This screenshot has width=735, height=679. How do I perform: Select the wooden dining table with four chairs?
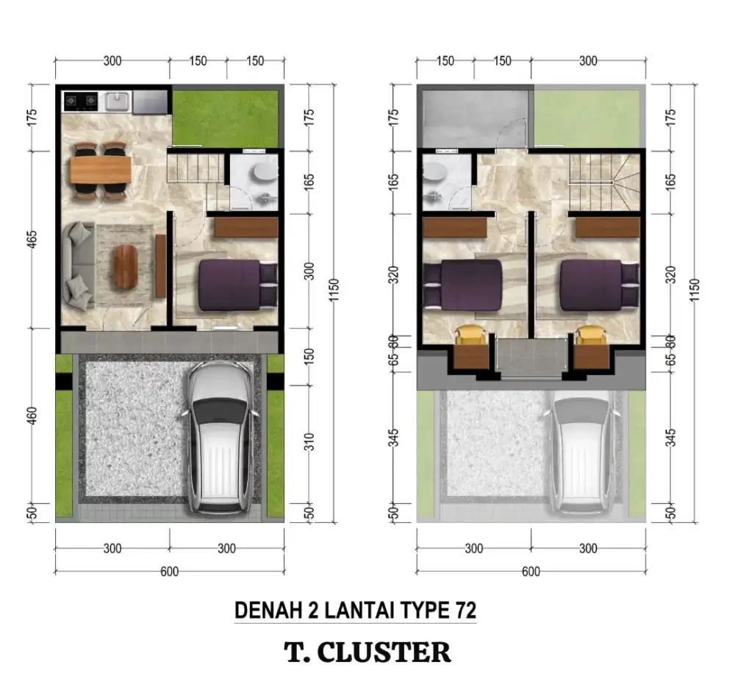click(100, 171)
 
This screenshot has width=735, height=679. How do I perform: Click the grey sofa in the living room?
click(77, 265)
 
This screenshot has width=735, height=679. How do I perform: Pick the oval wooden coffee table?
click(126, 266)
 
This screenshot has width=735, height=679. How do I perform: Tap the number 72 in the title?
click(465, 610)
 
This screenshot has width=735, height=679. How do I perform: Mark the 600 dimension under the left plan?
click(169, 572)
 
